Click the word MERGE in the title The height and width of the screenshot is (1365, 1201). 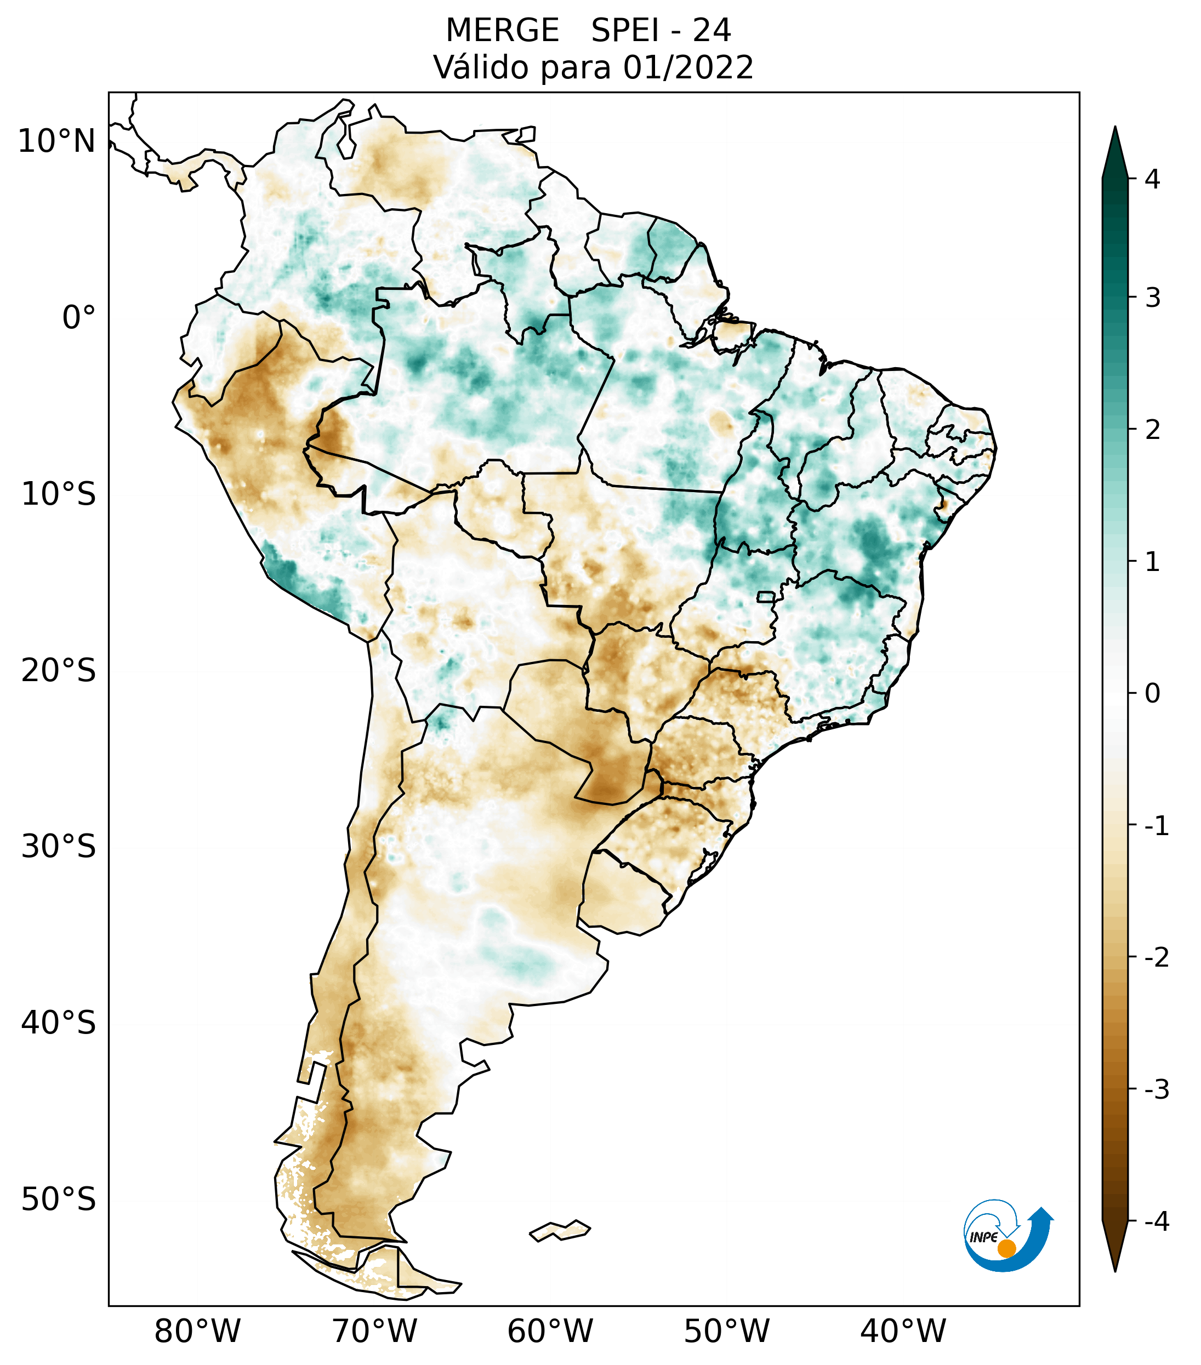tap(502, 31)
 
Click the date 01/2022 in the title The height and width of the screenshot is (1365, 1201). tap(688, 67)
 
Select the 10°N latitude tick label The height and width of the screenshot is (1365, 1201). tap(57, 141)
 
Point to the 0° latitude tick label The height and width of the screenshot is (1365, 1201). tap(78, 317)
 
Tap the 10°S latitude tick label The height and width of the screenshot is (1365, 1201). tap(59, 494)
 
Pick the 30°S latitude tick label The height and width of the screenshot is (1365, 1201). tap(59, 847)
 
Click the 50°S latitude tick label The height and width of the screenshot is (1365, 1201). tap(59, 1200)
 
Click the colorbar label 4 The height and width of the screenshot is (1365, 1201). tap(1152, 179)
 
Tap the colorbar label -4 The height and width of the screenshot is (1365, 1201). tap(1156, 1221)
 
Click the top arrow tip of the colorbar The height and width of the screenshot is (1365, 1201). tap(1115, 129)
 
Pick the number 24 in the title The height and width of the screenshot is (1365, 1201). tap(712, 31)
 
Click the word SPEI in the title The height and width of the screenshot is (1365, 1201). tap(624, 31)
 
